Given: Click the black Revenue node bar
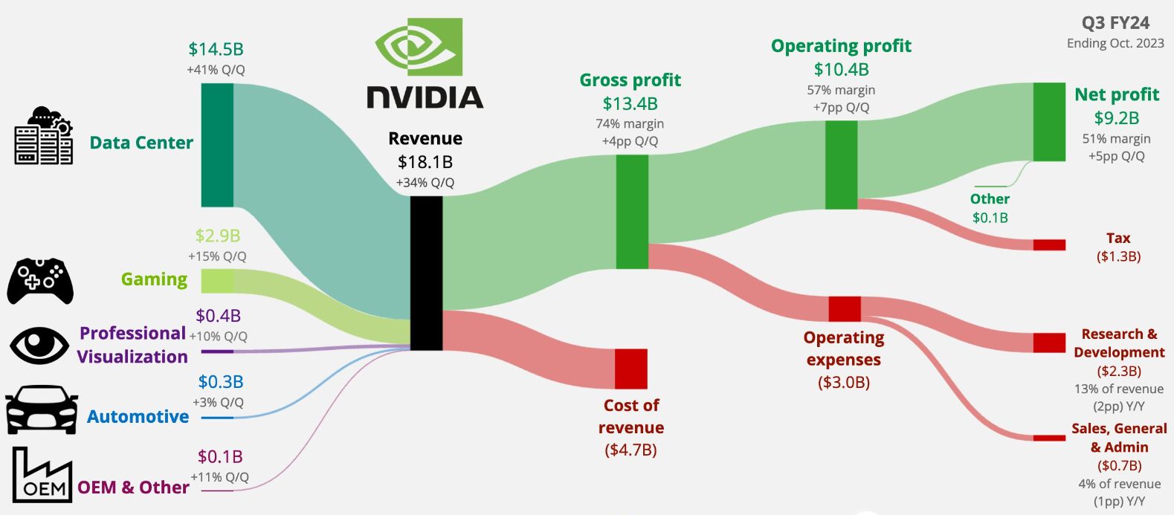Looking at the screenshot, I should (426, 273).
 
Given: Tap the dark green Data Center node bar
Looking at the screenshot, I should (217, 145).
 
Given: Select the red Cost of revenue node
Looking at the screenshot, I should (630, 369).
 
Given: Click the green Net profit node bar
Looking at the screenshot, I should (1049, 122).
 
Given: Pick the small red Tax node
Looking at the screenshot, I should (1049, 244).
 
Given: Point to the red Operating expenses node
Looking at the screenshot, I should (845, 308).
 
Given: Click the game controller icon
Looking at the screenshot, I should (40, 281).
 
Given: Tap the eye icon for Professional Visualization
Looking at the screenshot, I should (39, 346).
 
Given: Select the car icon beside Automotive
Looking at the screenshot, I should (42, 409).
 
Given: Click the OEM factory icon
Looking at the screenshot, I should (42, 476).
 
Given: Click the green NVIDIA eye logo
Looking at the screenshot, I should (419, 47).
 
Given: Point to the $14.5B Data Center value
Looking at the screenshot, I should (216, 49).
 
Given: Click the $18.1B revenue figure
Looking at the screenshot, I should (425, 161).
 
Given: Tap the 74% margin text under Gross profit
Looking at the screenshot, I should (630, 123).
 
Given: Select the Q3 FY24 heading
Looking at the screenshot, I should (1115, 23).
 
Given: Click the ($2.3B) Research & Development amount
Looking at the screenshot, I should (1118, 371).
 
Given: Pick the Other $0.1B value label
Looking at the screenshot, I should (990, 218).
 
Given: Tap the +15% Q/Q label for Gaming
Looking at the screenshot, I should (216, 256).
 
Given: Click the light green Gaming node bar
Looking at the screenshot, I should (217, 281).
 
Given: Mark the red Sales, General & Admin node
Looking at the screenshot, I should (1049, 438).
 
